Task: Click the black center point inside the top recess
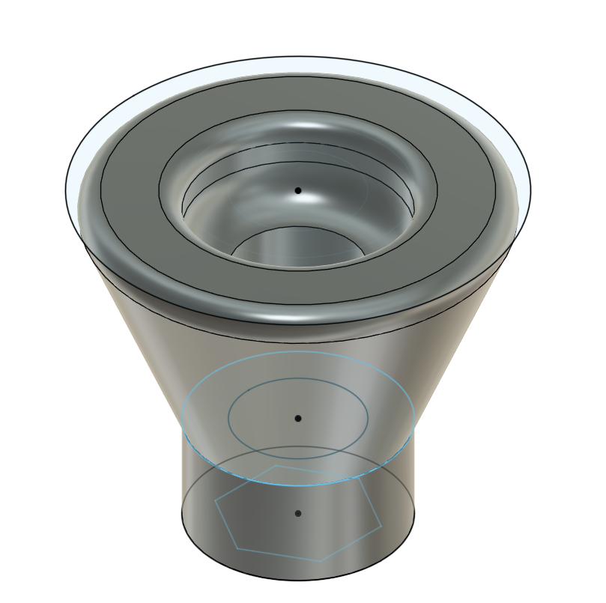click(x=298, y=191)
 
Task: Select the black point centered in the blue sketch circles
click(x=298, y=418)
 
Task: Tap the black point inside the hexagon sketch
click(x=298, y=514)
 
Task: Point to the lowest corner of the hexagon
click(x=321, y=561)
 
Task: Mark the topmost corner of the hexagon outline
click(x=276, y=465)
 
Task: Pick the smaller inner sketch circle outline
click(x=229, y=416)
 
